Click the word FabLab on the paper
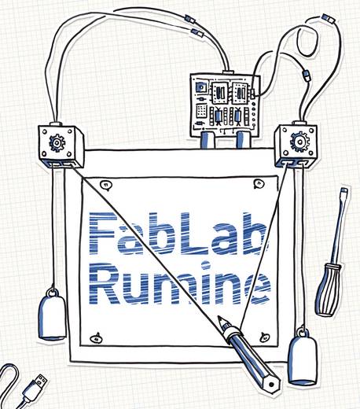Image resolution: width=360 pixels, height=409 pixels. coord(178,233)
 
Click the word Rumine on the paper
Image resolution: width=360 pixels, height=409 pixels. coord(180,284)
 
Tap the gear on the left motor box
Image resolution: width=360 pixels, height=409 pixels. coord(57,142)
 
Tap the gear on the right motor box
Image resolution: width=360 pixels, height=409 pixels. coord(299,142)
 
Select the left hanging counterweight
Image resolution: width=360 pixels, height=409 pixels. coord(52,314)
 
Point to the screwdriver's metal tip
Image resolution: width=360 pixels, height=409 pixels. coord(343,191)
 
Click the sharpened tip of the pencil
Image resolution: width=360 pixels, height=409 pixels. coord(219,318)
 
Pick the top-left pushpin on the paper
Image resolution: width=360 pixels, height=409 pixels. coord(106,185)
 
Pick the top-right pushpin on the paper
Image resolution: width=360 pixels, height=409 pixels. coord(259,183)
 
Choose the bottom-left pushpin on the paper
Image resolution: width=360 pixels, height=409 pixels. coord(96,338)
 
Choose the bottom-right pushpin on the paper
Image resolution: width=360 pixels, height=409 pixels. coord(264,337)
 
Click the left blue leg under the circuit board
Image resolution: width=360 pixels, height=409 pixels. coord(208,140)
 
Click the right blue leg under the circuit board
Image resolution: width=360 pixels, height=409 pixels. coord(243,140)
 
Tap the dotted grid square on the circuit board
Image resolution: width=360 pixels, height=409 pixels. coord(202,111)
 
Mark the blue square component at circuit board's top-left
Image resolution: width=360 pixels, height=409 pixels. coord(201,87)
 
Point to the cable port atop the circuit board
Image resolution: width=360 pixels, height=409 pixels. coord(228,72)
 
